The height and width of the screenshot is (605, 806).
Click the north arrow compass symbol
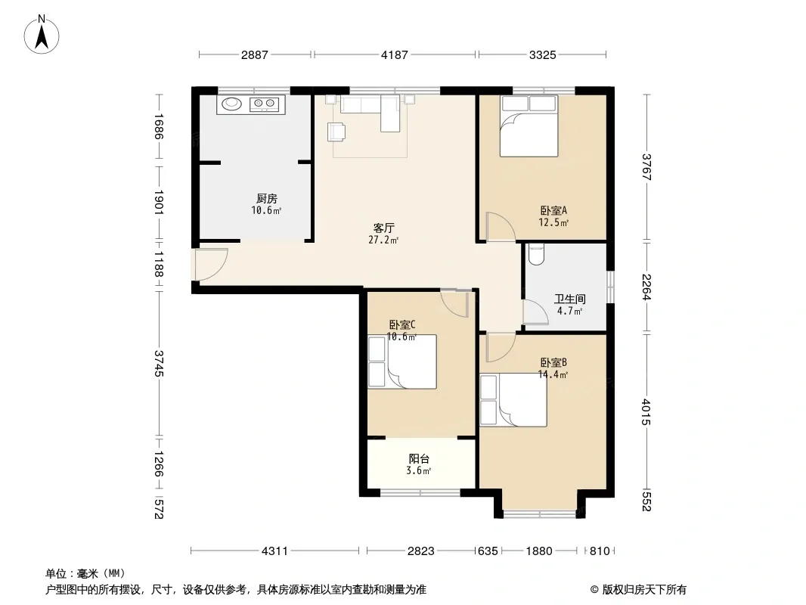[x=42, y=35]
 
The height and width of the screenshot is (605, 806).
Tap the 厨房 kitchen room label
[x=267, y=198]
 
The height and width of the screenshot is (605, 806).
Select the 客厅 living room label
[x=383, y=228]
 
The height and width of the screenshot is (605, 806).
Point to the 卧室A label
[x=553, y=211]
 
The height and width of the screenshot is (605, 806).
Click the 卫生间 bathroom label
[x=569, y=299]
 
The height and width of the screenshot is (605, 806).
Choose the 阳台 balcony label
[x=419, y=459]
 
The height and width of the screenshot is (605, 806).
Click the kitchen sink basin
[x=231, y=104]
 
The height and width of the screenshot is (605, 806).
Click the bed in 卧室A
[x=529, y=126]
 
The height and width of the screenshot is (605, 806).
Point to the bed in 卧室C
[x=402, y=361]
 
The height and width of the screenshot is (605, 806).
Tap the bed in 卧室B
[x=513, y=400]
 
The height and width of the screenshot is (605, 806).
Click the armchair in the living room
[x=336, y=132]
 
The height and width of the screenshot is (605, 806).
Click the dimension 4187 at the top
[x=394, y=54]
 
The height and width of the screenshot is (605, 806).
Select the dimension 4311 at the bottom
[x=275, y=551]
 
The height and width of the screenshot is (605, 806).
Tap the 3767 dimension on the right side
[x=646, y=167]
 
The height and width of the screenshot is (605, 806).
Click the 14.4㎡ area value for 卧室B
[x=553, y=374]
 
